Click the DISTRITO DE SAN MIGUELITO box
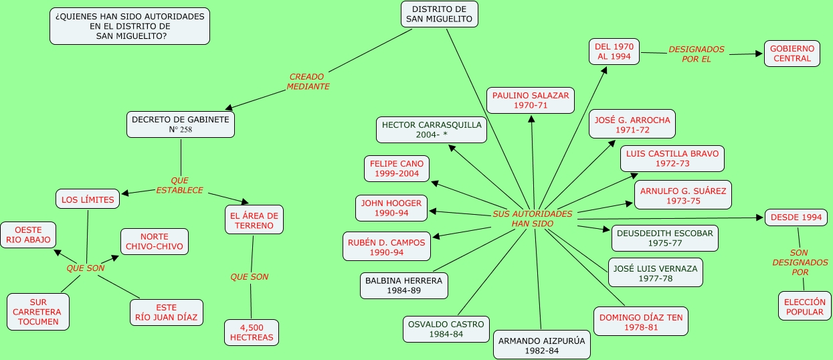pos(439,14)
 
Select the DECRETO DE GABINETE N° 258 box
pos(181,124)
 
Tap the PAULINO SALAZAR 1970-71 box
pos(531,100)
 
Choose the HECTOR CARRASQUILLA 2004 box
pos(432,130)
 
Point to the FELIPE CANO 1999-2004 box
pos(397,169)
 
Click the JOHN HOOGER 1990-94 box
pos(391,208)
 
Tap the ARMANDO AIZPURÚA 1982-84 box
pos(542,345)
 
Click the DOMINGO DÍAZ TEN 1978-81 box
pos(641,323)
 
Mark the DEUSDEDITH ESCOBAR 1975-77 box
pos(665,238)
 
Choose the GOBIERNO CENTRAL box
pos(792,54)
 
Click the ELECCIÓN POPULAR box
pos(804,306)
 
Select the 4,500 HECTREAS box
pos(252,333)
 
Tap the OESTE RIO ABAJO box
pos(28,236)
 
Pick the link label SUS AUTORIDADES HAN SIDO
pos(533,218)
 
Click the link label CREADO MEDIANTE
pos(308,82)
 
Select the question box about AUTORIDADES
pos(130,26)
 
